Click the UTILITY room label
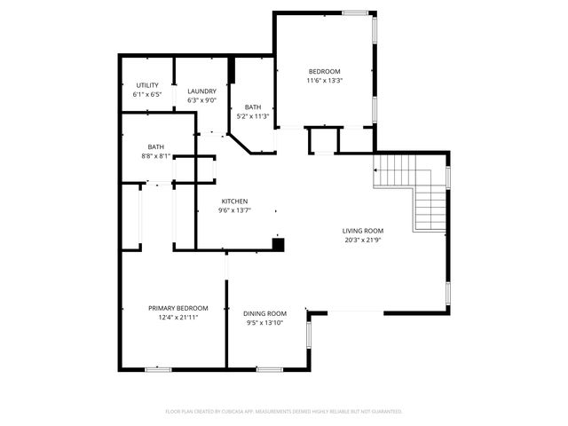pos(147,85)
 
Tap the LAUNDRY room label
pos(201,91)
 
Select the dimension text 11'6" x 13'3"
pos(325,80)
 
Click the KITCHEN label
pos(234,201)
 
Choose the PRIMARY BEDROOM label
pos(178,308)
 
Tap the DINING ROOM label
pos(265,313)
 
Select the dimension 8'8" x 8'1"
pos(156,155)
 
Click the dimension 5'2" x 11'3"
pos(253,116)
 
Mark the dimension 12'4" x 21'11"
pos(178,317)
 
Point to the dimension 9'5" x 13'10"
pos(265,322)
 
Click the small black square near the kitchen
pos(278,243)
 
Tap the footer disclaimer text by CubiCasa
pos(284,411)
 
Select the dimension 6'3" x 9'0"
pos(201,99)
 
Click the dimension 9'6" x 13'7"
pos(234,210)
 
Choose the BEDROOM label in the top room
pos(325,71)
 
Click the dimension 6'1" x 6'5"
pos(147,94)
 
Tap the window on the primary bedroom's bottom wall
pos(158,368)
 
